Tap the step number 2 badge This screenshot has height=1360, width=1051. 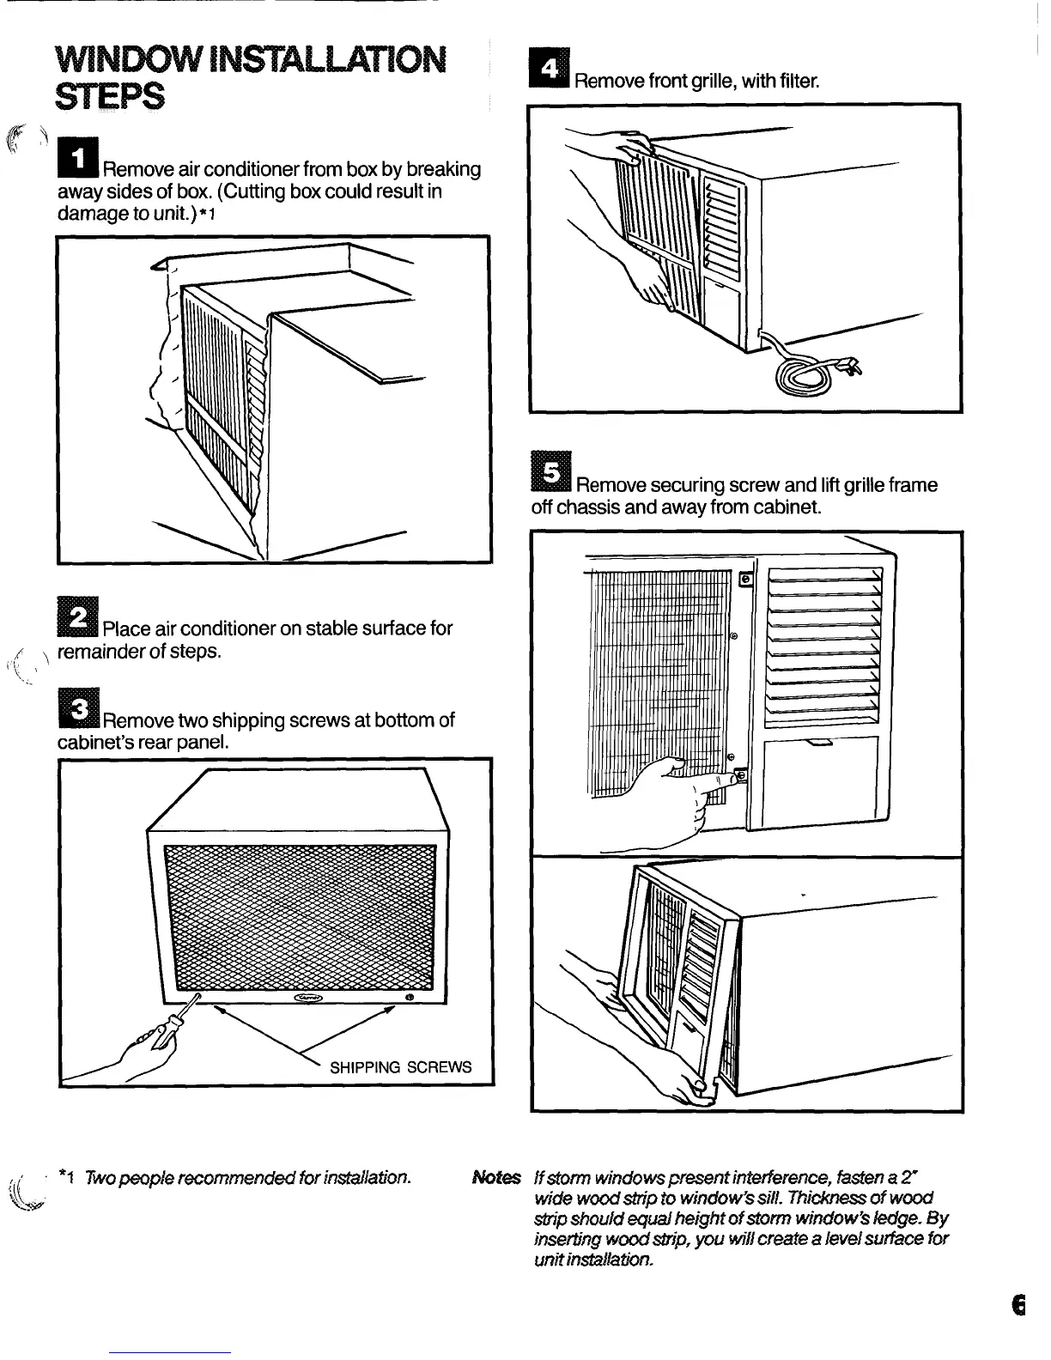coord(78,618)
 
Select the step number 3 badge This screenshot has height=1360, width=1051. coord(78,710)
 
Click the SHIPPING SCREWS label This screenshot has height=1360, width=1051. coord(401,1067)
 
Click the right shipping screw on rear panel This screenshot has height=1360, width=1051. coord(410,998)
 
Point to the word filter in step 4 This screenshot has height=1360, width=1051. coord(800,82)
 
